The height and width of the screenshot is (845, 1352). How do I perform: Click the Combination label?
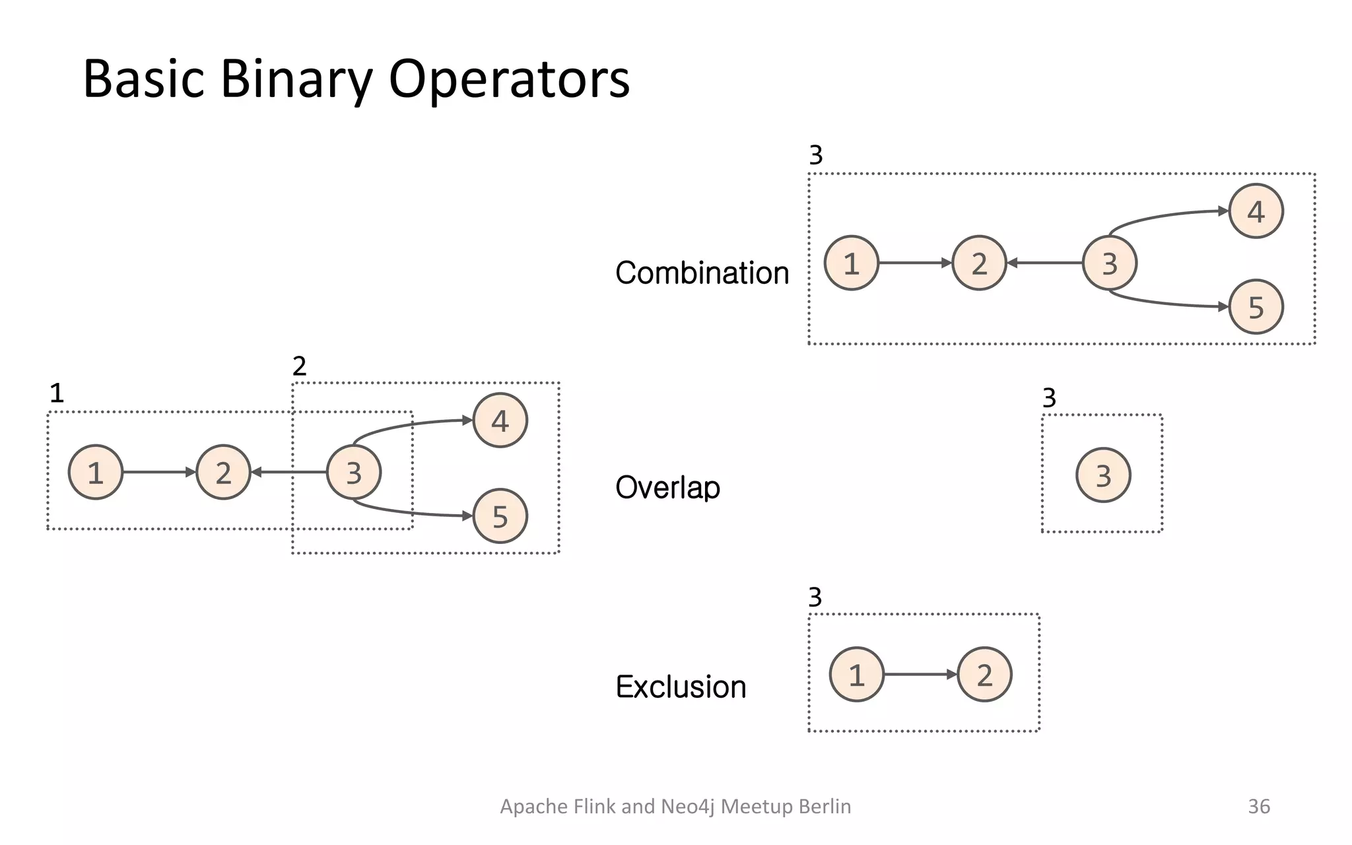pos(702,273)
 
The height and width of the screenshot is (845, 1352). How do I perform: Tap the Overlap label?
pos(667,488)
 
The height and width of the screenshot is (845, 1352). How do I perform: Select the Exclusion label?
pos(681,687)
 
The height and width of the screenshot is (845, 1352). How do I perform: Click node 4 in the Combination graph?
pos(1256,211)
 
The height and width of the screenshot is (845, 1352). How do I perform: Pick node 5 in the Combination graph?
pos(1256,307)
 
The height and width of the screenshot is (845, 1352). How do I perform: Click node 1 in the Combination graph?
pos(851,263)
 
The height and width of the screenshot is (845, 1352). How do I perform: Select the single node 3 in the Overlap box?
pos(1103,475)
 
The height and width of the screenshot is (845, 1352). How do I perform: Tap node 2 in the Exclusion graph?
pos(984,675)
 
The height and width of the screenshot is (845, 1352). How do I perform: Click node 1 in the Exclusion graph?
pos(856,675)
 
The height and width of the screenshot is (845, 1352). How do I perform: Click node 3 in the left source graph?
pos(354,473)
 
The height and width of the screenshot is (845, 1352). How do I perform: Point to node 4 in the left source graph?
pos(500,421)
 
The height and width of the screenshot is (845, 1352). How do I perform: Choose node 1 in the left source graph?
pos(96,473)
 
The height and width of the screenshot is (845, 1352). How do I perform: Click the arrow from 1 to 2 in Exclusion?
pos(920,675)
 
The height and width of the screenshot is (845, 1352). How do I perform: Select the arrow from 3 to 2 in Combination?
pos(1044,263)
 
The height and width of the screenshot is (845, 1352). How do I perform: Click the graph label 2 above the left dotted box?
pos(299,366)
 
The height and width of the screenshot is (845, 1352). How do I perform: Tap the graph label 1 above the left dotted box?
pos(57,393)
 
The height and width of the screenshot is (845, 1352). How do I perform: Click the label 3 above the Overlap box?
pos(1049,398)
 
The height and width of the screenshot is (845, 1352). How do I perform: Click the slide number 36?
pos(1258,806)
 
